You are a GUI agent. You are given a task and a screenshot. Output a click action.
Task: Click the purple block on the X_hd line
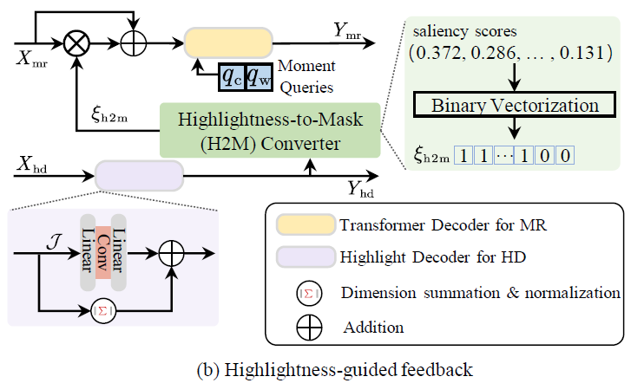click(x=139, y=174)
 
